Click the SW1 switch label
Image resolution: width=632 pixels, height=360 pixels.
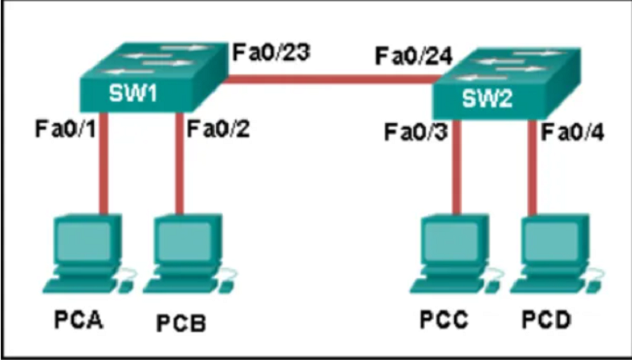[x=133, y=93]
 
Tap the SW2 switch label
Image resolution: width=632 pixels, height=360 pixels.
[x=487, y=99]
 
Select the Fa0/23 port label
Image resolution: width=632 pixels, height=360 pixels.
[x=272, y=52]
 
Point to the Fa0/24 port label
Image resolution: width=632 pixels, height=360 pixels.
[x=414, y=56]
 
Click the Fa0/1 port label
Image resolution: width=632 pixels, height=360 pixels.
[x=66, y=129]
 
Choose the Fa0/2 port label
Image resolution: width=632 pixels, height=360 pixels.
[x=218, y=129]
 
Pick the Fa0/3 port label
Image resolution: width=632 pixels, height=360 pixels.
[x=416, y=132]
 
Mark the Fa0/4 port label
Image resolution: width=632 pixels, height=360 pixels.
[x=573, y=132]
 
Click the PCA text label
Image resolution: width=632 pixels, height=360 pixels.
[x=78, y=321]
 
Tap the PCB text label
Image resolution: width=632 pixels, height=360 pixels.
[x=181, y=323]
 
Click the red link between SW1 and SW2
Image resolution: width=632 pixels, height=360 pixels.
[x=330, y=79]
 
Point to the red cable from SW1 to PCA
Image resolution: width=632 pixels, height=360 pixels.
[x=103, y=163]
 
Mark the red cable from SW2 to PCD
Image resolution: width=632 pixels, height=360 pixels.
[x=532, y=167]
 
